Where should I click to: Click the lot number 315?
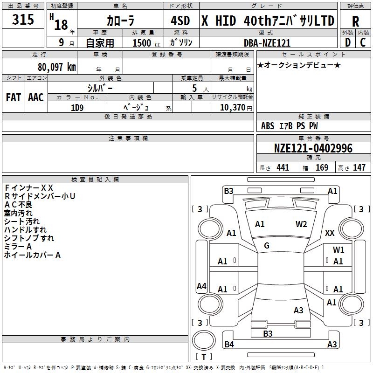pyautogui.click(x=23, y=19)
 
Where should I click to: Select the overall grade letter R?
pyautogui.click(x=355, y=21)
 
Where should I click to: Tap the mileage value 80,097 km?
pyautogui.click(x=56, y=67)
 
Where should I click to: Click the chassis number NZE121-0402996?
pyautogui.click(x=313, y=148)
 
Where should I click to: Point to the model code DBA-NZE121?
pyautogui.click(x=267, y=43)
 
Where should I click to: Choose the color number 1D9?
pyautogui.click(x=77, y=108)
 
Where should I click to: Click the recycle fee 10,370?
pyautogui.click(x=232, y=107)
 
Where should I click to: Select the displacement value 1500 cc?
pyautogui.click(x=146, y=43)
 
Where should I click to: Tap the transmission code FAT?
pyautogui.click(x=14, y=97)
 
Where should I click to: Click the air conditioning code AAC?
pyautogui.click(x=36, y=97)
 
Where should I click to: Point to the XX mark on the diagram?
pyautogui.click(x=330, y=233)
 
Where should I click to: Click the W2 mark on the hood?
pyautogui.click(x=301, y=224)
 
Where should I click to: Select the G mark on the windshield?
pyautogui.click(x=267, y=246)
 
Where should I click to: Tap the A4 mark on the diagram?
pyautogui.click(x=201, y=286)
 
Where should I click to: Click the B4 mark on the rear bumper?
pyautogui.click(x=229, y=344)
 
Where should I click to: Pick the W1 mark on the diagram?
pyautogui.click(x=338, y=250)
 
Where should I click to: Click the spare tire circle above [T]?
pyautogui.click(x=204, y=340)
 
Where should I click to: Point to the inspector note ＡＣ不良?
pyautogui.click(x=18, y=205)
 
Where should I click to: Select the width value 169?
pyautogui.click(x=322, y=167)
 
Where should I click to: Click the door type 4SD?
pyautogui.click(x=180, y=21)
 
